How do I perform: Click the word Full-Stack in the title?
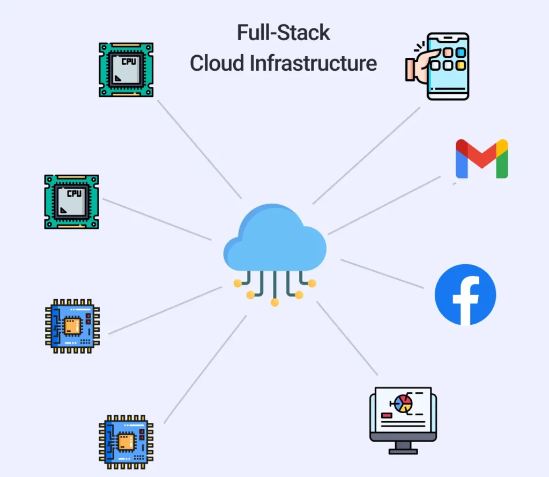click(x=284, y=33)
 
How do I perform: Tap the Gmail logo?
click(x=481, y=159)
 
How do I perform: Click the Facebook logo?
click(x=465, y=294)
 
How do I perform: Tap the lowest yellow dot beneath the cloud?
click(x=274, y=303)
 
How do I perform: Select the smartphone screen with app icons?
click(x=448, y=65)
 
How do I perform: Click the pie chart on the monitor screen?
click(x=402, y=404)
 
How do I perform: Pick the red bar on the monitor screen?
click(x=386, y=415)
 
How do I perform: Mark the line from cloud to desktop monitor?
click(x=347, y=338)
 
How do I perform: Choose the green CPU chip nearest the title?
click(x=126, y=70)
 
